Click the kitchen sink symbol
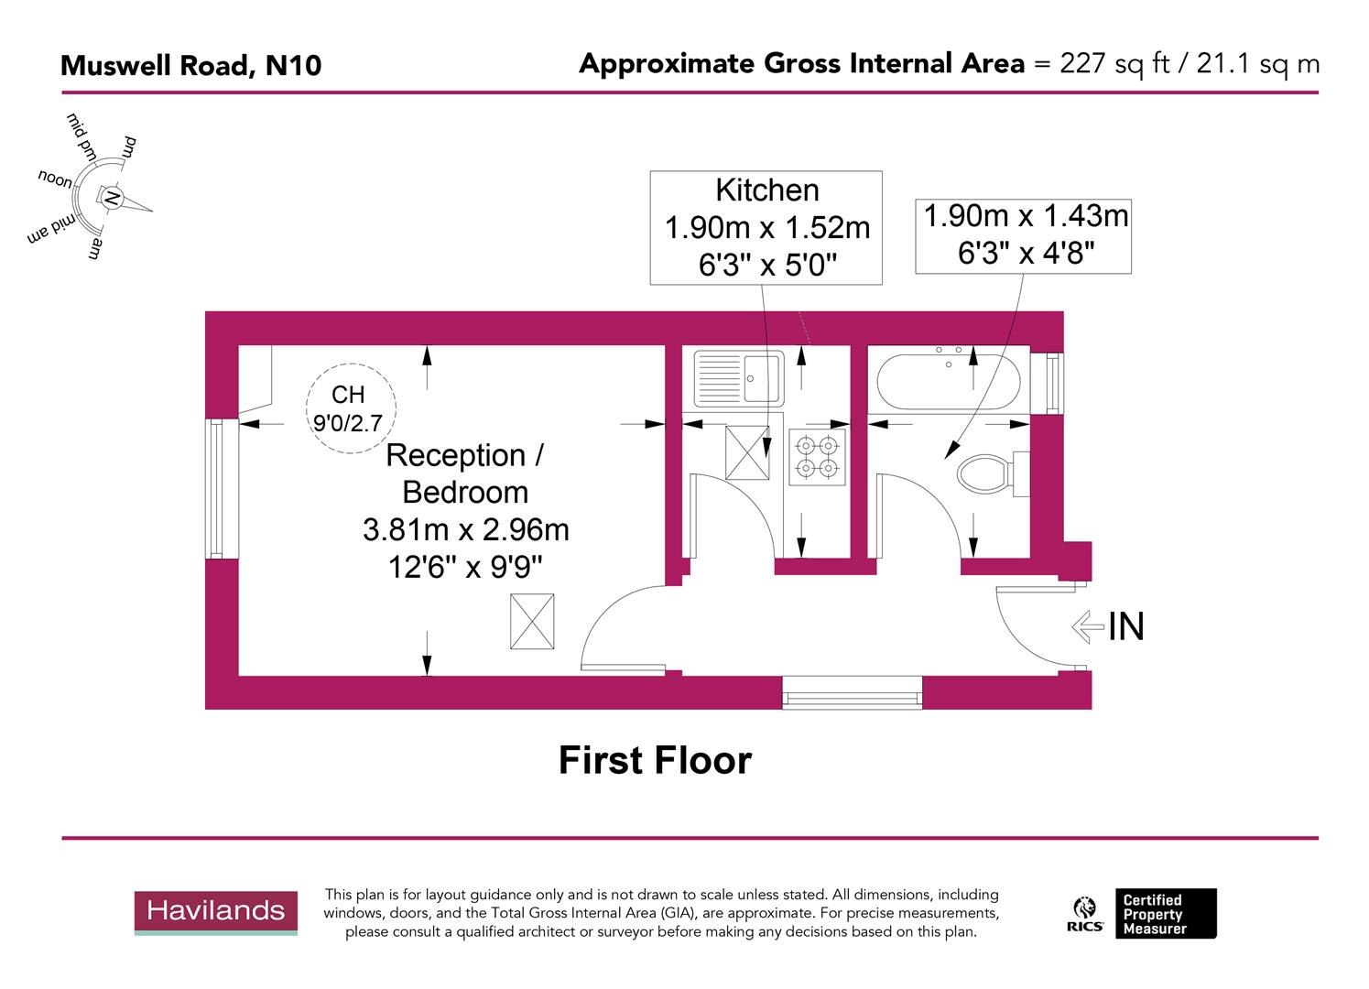(738, 378)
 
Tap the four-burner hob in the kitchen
(817, 457)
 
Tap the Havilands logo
(216, 912)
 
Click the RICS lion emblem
(1086, 913)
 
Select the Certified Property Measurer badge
(1165, 914)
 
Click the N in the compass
(111, 198)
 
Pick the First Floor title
(655, 761)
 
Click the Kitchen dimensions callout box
(766, 227)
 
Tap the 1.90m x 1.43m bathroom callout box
(1024, 235)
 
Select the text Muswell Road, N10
(190, 66)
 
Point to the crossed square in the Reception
(532, 622)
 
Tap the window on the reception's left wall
(215, 489)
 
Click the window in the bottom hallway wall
(853, 692)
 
